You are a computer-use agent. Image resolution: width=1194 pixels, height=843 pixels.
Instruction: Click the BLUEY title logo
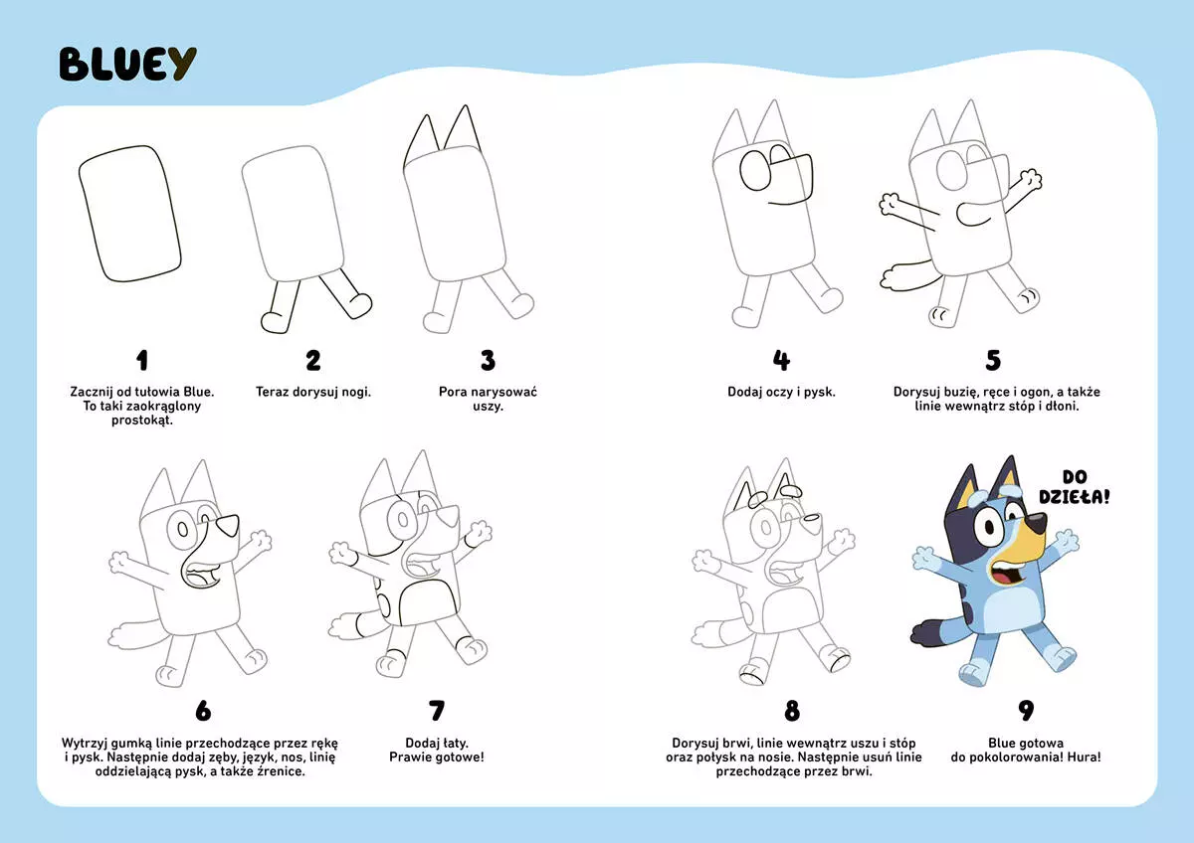pyautogui.click(x=127, y=64)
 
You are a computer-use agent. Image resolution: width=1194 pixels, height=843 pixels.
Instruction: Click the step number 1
pyautogui.click(x=141, y=360)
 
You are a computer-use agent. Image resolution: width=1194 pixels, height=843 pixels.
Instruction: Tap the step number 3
pyautogui.click(x=488, y=360)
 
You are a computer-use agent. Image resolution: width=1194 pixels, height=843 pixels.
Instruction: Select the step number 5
pyautogui.click(x=992, y=360)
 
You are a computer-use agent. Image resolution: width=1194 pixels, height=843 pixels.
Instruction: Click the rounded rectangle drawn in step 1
pyautogui.click(x=129, y=216)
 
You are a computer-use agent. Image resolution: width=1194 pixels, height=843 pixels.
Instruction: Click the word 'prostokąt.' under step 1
pyautogui.click(x=141, y=421)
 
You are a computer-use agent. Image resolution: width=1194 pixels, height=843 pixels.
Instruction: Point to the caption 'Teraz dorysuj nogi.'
pyautogui.click(x=313, y=392)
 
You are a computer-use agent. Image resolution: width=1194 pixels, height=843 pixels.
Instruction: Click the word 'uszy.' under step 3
pyautogui.click(x=488, y=407)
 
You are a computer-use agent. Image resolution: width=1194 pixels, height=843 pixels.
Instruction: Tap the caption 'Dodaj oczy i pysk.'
pyautogui.click(x=781, y=392)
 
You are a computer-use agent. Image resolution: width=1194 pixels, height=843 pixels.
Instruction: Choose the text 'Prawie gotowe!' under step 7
pyautogui.click(x=436, y=758)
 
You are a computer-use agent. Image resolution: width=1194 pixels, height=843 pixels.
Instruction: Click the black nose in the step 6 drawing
pyautogui.click(x=229, y=524)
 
